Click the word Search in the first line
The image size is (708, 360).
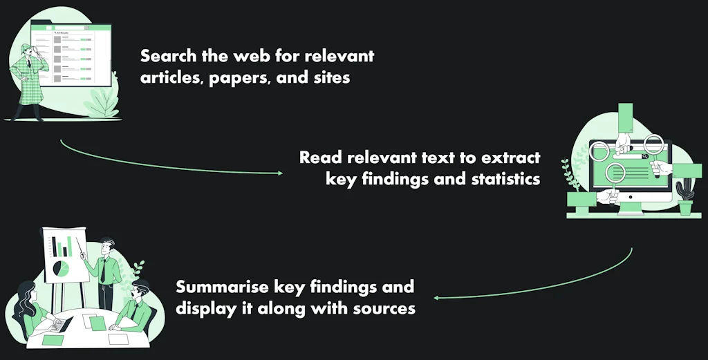(169, 56)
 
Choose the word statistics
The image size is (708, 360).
(505, 179)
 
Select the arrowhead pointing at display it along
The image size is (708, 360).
(437, 298)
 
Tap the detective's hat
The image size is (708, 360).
(27, 47)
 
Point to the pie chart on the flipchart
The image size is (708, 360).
(61, 269)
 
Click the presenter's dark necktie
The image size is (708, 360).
(104, 270)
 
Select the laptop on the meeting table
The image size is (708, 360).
(61, 324)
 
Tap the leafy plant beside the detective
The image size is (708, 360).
(103, 102)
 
